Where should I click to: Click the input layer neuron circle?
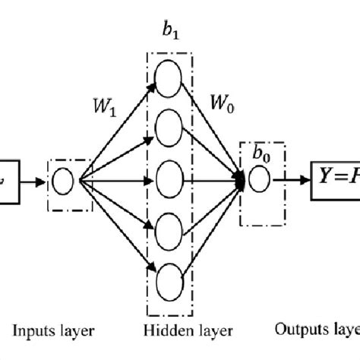click(62, 182)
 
